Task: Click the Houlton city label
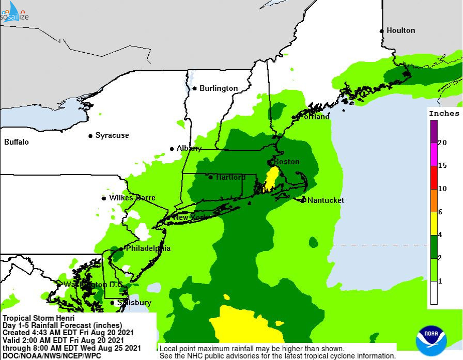coord(400,30)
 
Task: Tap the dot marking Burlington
coord(195,88)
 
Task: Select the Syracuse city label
coord(112,135)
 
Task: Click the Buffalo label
coord(17,142)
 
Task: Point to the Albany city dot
coord(172,149)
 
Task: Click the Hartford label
coord(230,177)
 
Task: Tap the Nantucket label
coord(326,200)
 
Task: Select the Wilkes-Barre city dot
coord(104,198)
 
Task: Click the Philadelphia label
coord(148,248)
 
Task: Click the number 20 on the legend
coord(442,143)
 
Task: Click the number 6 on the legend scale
coord(440,212)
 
